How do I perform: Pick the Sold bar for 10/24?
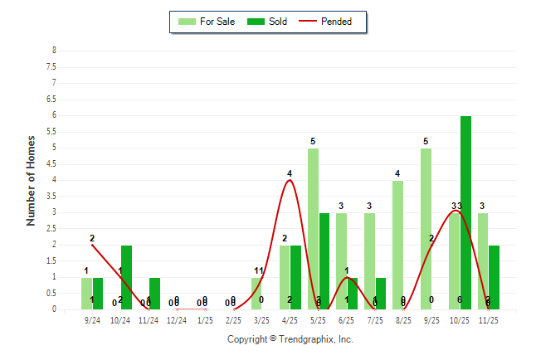coord(126,277)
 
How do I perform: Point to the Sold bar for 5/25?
coord(324,260)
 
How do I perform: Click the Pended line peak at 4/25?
coord(290,180)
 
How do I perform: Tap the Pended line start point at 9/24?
coord(92,245)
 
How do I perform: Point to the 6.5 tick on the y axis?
coord(54,99)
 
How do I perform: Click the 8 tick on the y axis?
coord(54,51)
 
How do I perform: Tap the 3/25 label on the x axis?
coord(262,319)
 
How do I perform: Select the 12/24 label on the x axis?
coord(177,319)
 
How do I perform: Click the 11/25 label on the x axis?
coord(488,319)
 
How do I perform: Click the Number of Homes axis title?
coord(31,180)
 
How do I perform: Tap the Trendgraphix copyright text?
coord(290,339)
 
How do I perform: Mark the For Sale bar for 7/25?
coord(369,260)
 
